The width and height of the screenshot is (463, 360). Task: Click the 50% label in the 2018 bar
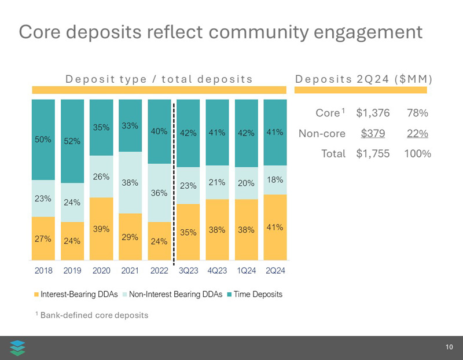[43, 139]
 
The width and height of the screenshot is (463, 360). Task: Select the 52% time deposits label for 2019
[72, 141]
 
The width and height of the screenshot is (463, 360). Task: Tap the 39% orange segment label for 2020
[101, 229]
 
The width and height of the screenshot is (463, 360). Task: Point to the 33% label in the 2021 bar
[130, 125]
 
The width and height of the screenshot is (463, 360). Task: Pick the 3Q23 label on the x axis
[188, 270]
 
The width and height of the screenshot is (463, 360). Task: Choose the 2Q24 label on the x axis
[275, 270]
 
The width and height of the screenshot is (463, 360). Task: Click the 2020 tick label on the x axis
[101, 270]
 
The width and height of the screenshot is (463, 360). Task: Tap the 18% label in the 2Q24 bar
[275, 180]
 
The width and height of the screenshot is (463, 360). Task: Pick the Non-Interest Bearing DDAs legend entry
[172, 295]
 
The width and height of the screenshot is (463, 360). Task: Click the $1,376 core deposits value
[373, 113]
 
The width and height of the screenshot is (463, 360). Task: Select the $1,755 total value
[373, 154]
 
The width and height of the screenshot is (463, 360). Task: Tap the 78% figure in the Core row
[417, 113]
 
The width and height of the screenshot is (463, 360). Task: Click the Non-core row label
[322, 133]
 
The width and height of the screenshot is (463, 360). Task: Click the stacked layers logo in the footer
[18, 348]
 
